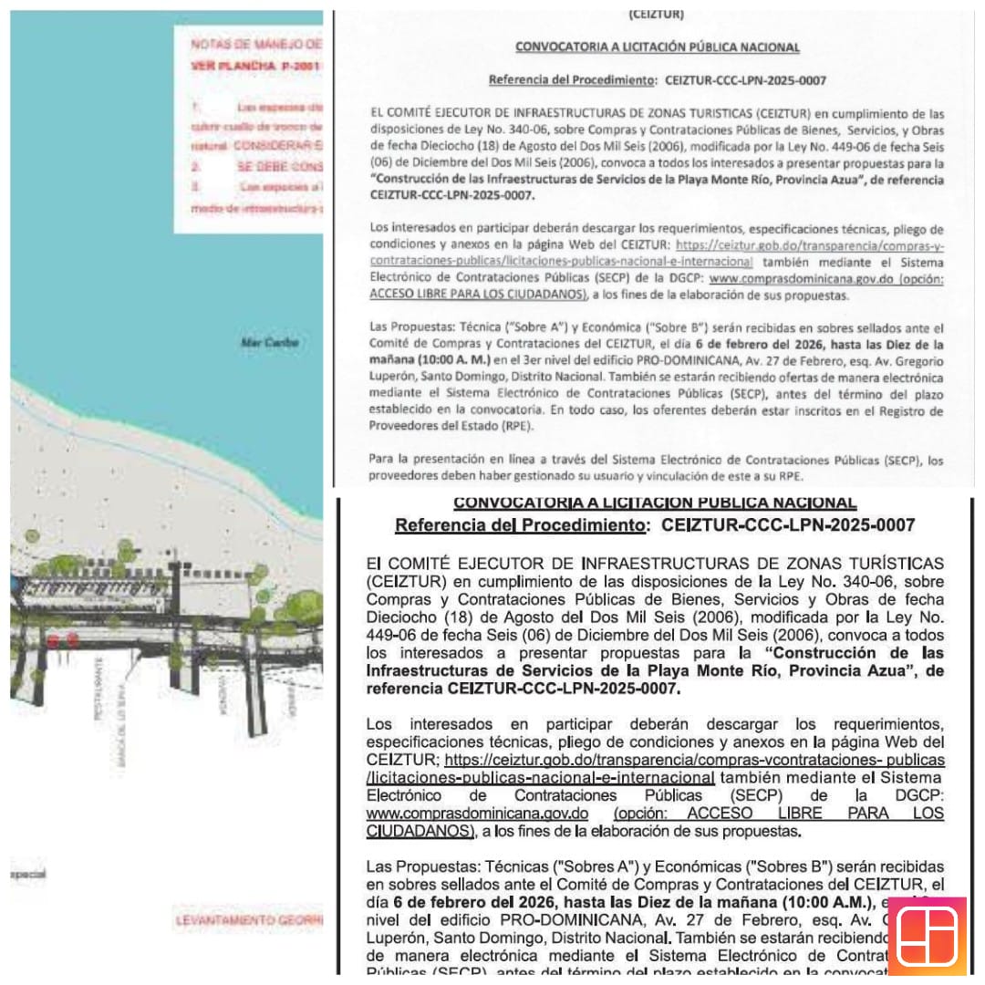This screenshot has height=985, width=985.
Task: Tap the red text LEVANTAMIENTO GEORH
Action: point(249,921)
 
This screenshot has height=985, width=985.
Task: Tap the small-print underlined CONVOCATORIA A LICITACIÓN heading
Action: point(657,47)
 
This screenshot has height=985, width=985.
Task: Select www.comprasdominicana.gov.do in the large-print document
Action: point(477,814)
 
